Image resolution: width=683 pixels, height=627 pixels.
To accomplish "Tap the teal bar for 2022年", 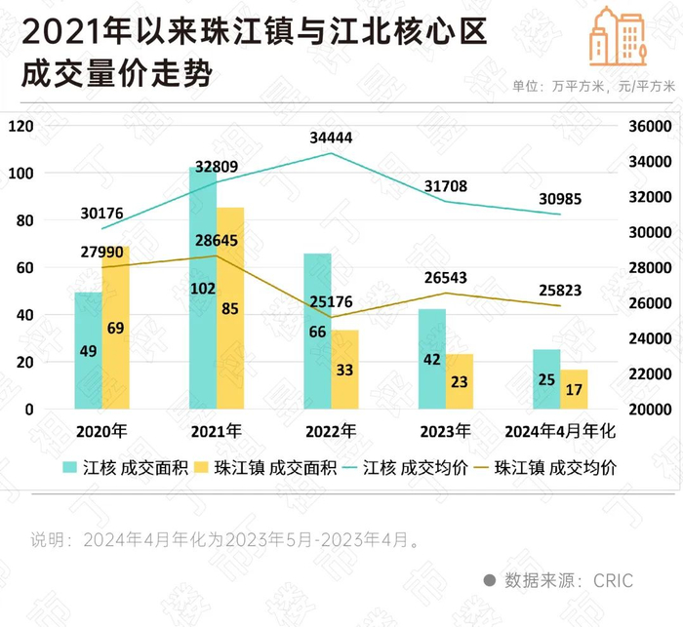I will coord(318,332).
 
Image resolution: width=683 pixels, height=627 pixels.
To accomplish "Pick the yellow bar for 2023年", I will coord(461,381).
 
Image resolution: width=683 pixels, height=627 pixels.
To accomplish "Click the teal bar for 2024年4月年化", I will coord(546,379).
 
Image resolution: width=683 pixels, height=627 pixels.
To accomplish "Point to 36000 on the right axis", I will coord(648,127).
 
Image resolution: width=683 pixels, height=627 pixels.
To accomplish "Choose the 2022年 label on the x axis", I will coord(331,430).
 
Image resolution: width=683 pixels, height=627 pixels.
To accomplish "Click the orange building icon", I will coord(623,36).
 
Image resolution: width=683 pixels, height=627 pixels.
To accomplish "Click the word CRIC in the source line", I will coord(613,580).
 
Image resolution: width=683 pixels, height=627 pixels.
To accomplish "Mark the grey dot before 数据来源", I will coord(490,580).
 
